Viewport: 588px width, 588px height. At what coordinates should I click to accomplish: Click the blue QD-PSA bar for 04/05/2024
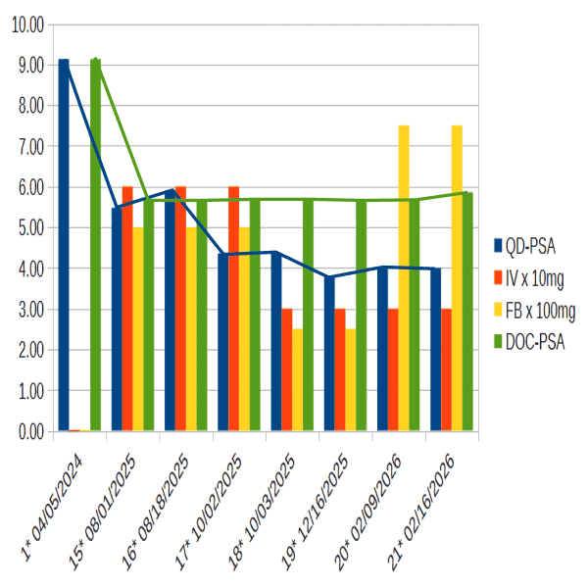pyautogui.click(x=64, y=245)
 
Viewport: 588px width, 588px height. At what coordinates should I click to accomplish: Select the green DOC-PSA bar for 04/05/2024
pyautogui.click(x=95, y=245)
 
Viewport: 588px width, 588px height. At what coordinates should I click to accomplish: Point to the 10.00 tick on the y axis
pyautogui.click(x=26, y=24)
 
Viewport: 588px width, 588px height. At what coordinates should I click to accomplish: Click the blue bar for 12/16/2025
pyautogui.click(x=329, y=354)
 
